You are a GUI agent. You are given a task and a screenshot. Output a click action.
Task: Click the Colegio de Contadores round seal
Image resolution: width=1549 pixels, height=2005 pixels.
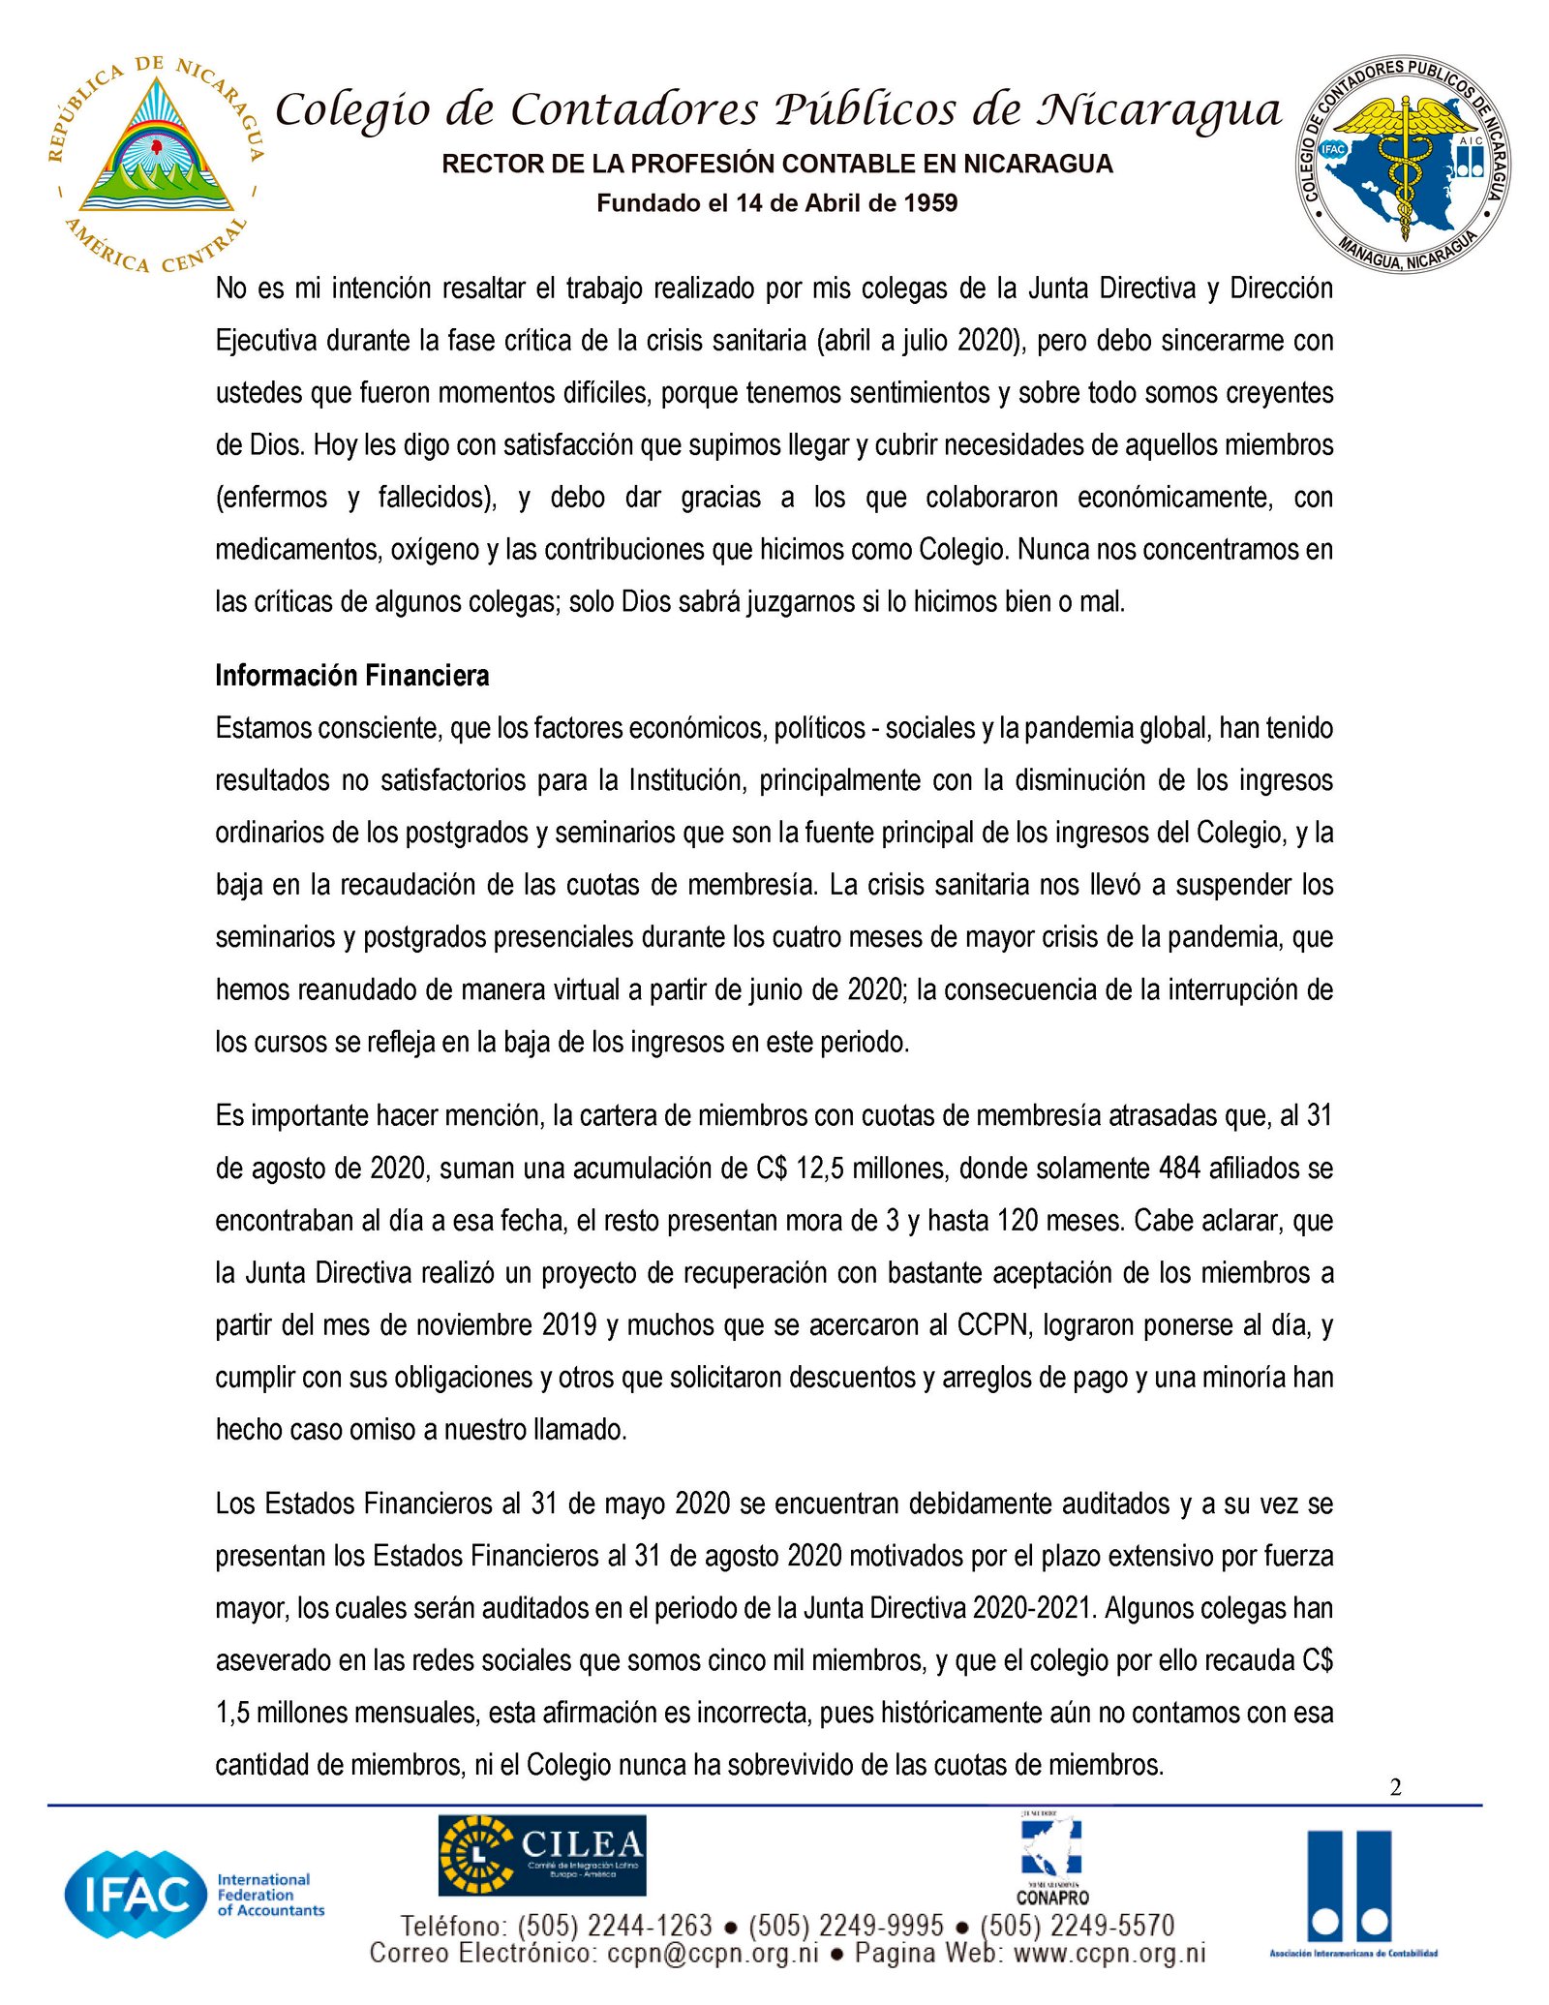[1403, 164]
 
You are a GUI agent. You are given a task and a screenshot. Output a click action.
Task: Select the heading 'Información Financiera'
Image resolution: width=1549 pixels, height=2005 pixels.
[351, 676]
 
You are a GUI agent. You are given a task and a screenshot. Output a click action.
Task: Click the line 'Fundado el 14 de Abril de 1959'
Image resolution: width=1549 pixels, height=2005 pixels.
[776, 203]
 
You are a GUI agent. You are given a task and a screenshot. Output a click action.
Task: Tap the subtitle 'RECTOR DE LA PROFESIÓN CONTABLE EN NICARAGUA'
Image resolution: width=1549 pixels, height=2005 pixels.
[776, 164]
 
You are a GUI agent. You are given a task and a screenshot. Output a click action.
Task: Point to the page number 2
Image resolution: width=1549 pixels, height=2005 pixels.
[1395, 1787]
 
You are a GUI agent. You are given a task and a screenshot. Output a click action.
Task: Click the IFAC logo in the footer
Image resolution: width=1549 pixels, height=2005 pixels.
[194, 1895]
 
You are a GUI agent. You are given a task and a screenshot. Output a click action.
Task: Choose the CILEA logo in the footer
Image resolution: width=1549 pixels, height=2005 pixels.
[541, 1855]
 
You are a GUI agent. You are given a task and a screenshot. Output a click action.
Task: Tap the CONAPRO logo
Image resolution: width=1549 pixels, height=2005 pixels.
[1052, 1859]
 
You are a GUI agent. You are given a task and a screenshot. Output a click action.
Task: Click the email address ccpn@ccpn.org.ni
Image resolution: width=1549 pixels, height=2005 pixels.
[713, 1954]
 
